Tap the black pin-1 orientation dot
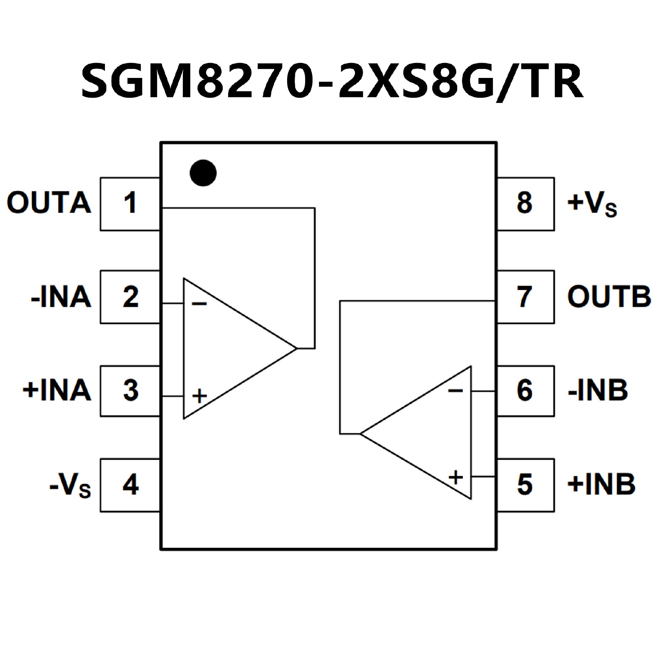point(203,173)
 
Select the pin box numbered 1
point(130,204)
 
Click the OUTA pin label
point(49,203)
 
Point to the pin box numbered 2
point(130,297)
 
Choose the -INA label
point(61,297)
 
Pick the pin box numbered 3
point(130,390)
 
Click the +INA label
point(57,390)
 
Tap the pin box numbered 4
point(130,485)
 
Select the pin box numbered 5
point(525,485)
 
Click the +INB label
point(601,484)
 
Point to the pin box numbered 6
point(525,390)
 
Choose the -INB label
point(598,390)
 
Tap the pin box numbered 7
point(525,297)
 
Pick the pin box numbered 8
point(525,204)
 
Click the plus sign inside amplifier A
point(199,396)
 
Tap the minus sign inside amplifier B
point(455,391)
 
